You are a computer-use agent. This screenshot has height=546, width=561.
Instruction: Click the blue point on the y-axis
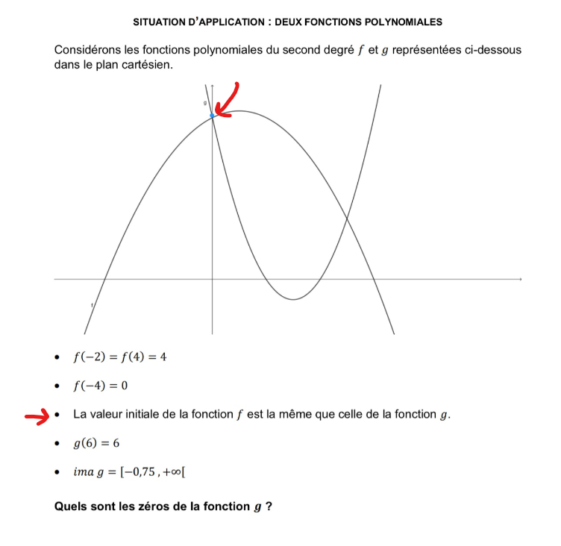click(x=213, y=115)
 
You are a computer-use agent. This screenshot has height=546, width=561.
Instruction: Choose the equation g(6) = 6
click(x=96, y=443)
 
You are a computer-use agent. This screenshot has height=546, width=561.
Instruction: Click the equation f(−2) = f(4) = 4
click(x=119, y=357)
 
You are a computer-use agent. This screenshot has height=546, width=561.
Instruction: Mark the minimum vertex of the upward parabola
click(x=293, y=299)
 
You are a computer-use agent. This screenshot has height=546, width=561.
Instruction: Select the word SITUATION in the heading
click(x=160, y=21)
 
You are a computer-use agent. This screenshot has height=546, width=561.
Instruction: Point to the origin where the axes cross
click(x=213, y=280)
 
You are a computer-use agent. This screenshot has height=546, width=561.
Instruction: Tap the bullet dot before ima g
click(x=57, y=472)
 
